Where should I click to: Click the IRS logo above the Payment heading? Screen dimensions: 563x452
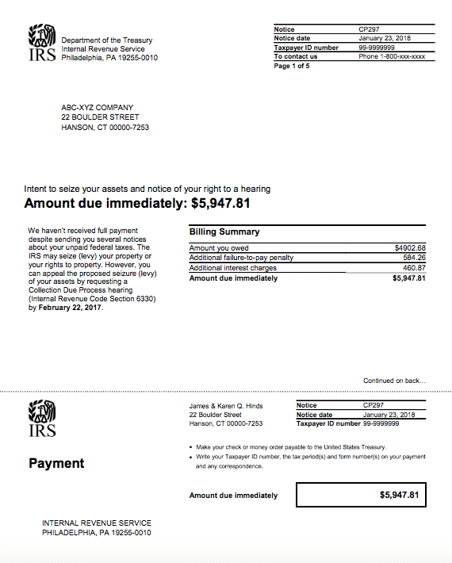coord(42,419)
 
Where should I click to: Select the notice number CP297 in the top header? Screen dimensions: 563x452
coord(370,29)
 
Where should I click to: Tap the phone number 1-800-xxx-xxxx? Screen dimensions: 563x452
coord(392,56)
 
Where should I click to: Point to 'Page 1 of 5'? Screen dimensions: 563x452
coord(292,66)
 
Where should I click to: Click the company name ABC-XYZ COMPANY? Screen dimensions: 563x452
coord(98,108)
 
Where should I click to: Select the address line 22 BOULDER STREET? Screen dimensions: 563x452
coord(100,117)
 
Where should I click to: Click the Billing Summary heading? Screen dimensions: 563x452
coord(224,232)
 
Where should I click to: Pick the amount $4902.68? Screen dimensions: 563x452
coord(410,248)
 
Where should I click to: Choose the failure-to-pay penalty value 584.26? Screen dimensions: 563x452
coord(415,258)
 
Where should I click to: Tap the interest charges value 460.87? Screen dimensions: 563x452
coord(415,268)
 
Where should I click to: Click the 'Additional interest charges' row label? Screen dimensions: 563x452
coord(233,268)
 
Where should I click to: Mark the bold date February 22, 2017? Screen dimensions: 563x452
coord(71,307)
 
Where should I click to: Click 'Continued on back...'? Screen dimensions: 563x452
coord(394,381)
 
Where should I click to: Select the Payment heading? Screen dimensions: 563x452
coord(56,463)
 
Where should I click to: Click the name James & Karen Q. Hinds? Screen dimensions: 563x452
coord(226,405)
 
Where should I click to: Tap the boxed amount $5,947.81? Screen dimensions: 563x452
coord(399,495)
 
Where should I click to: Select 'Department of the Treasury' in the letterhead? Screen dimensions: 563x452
coord(107,40)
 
